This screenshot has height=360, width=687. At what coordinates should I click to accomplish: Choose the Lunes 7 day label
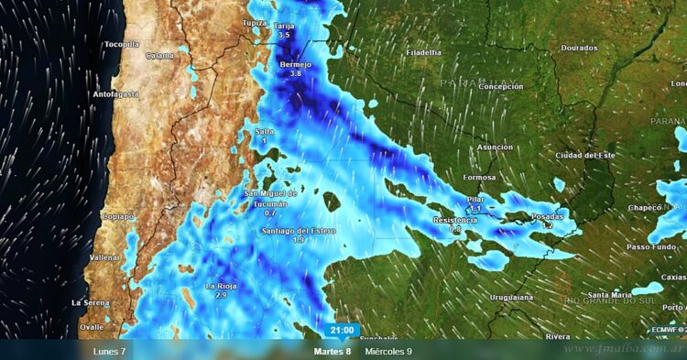(109, 351)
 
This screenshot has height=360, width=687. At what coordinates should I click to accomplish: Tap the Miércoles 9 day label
(388, 351)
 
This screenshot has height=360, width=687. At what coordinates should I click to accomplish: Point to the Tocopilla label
(122, 44)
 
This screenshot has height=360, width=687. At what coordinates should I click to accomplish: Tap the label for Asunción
(495, 147)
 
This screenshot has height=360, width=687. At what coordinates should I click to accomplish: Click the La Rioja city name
(221, 286)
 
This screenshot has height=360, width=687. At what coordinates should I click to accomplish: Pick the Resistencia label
(455, 220)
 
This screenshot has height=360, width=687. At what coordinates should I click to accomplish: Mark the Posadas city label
(548, 216)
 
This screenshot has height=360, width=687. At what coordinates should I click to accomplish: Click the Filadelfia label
(424, 52)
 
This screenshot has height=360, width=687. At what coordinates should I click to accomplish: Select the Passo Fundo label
(651, 246)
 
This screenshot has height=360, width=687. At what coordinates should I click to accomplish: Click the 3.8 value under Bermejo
(295, 73)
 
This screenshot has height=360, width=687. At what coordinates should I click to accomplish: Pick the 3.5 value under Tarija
(284, 35)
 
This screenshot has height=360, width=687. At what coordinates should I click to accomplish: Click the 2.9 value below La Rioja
(221, 296)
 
